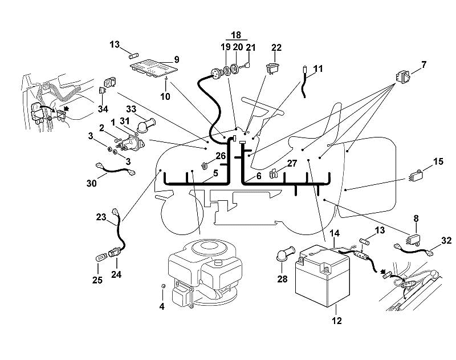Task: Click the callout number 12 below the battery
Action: [x=336, y=321]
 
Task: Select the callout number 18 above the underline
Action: [x=236, y=35]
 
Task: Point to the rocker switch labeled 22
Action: [x=272, y=68]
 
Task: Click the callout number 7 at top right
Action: [x=424, y=64]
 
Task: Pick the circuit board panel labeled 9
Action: [x=153, y=68]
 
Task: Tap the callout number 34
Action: [x=103, y=109]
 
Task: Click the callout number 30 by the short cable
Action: [x=92, y=183]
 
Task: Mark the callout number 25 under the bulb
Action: [x=97, y=280]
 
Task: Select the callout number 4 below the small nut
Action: [x=162, y=306]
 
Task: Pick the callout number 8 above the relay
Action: [x=416, y=218]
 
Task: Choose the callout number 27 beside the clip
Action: [x=292, y=163]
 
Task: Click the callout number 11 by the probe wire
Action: [x=318, y=68]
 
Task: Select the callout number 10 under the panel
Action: [x=165, y=96]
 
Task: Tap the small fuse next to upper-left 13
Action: [x=133, y=55]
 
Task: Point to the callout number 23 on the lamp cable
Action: [x=101, y=217]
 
